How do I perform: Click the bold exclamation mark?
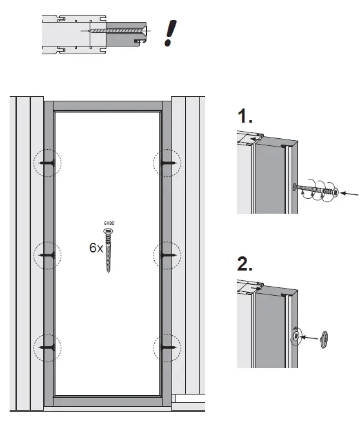(x=170, y=32)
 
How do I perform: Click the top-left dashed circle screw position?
(x=47, y=165)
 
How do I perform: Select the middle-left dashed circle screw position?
(x=47, y=256)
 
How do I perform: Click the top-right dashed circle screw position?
(x=166, y=165)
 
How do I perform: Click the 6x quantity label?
(x=95, y=247)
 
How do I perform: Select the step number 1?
(x=245, y=118)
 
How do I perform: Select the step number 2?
(x=245, y=264)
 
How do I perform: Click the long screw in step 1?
(x=316, y=190)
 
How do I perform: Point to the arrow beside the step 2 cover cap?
(x=310, y=337)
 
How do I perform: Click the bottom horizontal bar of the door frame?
(x=107, y=401)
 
